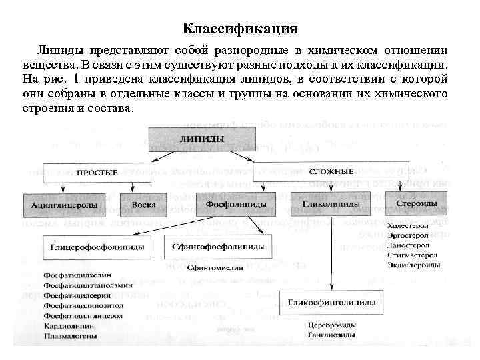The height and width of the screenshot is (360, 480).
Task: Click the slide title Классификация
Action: point(240,29)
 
